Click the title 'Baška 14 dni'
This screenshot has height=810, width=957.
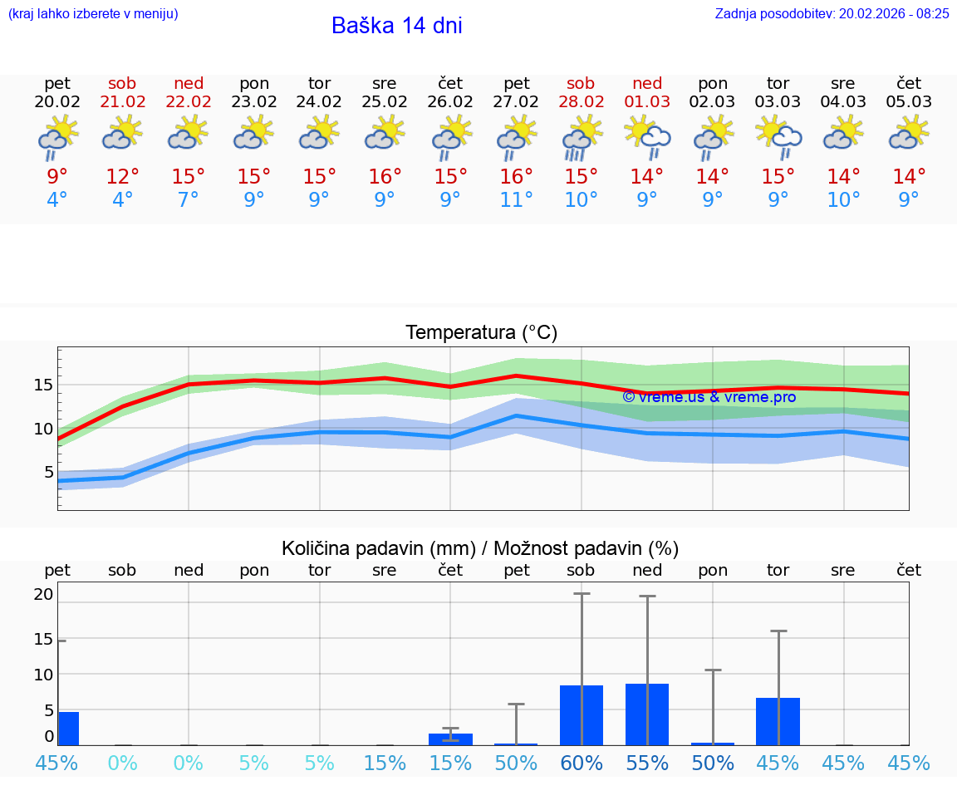click(x=396, y=26)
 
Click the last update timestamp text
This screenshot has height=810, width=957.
click(x=832, y=13)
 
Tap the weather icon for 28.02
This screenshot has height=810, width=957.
click(x=582, y=138)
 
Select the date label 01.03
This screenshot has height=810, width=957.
click(x=647, y=102)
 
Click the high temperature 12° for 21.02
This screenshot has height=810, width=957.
click(x=123, y=177)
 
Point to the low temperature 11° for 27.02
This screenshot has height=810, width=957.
click(x=516, y=200)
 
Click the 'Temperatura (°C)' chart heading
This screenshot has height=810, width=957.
click(x=481, y=333)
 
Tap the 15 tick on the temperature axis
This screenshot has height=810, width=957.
click(x=43, y=385)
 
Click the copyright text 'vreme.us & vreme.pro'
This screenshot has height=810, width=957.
click(x=709, y=397)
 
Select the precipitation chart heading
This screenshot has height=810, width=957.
click(x=480, y=548)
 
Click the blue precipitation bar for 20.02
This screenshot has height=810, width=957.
click(x=68, y=729)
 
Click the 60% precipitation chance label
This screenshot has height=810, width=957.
click(x=582, y=763)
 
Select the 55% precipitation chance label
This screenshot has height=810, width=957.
click(x=647, y=763)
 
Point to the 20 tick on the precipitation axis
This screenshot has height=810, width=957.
click(x=43, y=594)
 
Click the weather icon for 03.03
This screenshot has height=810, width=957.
click(x=778, y=138)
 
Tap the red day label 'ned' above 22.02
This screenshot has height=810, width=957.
click(x=189, y=83)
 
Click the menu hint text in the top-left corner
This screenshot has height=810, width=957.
click(x=93, y=13)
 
